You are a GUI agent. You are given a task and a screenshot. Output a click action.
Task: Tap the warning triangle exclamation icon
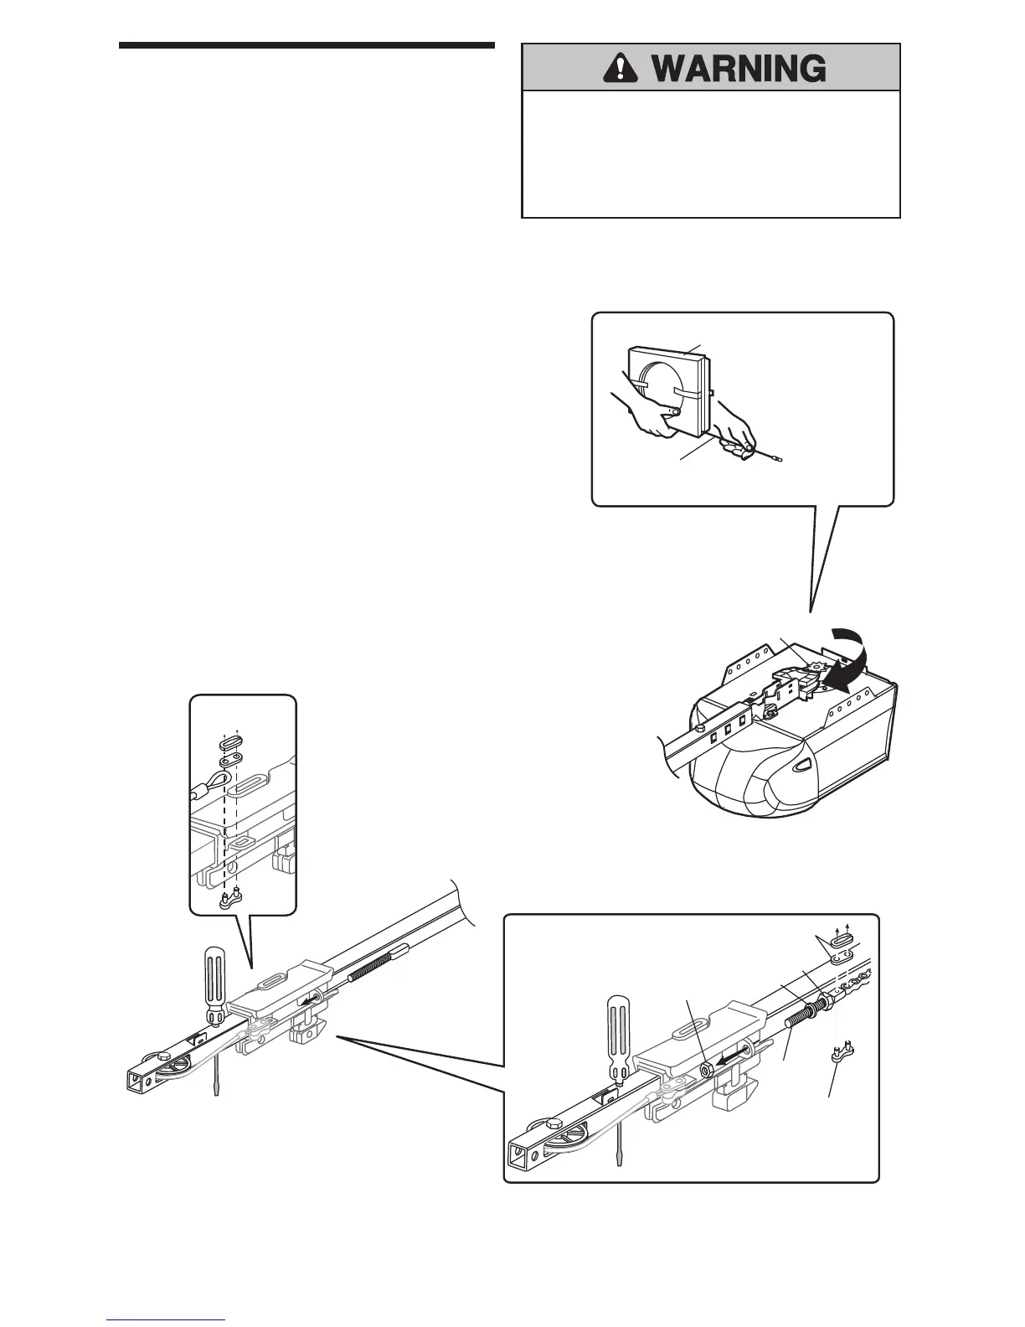click(617, 68)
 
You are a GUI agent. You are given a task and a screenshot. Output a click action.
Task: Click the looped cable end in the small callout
click(214, 783)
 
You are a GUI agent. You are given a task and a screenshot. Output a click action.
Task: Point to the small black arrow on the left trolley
click(311, 999)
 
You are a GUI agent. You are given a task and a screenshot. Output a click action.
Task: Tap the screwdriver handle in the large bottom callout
click(618, 1032)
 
